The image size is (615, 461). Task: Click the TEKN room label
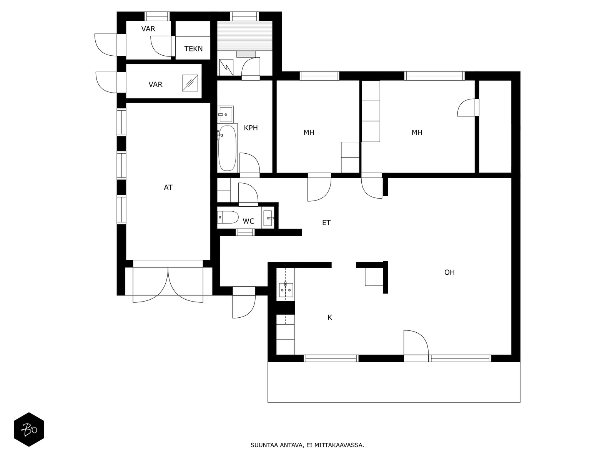tap(193, 49)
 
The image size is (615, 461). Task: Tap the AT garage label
tap(168, 187)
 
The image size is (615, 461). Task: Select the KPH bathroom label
tap(251, 128)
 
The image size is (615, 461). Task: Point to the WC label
tap(248, 221)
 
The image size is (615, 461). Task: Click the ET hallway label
tap(326, 223)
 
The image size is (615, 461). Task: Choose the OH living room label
tap(449, 272)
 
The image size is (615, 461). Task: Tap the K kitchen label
tap(329, 318)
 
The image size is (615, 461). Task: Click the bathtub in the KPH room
tap(227, 148)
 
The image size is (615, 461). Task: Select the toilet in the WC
tap(228, 217)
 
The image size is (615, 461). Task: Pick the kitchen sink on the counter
tap(286, 290)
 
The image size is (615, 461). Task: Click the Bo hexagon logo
tap(29, 429)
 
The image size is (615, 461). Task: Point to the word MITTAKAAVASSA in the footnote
tap(339, 445)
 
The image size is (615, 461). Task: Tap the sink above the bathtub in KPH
tap(225, 114)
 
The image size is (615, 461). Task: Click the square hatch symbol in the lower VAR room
tap(190, 83)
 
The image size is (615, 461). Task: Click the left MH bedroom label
tap(309, 133)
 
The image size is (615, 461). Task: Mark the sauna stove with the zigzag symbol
tap(226, 67)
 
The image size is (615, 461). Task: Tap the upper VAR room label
tap(148, 29)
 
